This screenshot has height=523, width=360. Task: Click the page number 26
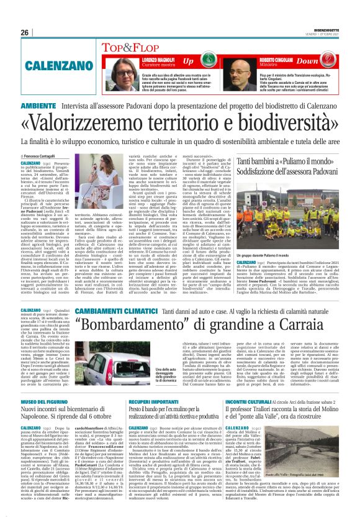pyautogui.click(x=25, y=32)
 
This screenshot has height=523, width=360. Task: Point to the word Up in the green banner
pyautogui.click(x=187, y=61)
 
